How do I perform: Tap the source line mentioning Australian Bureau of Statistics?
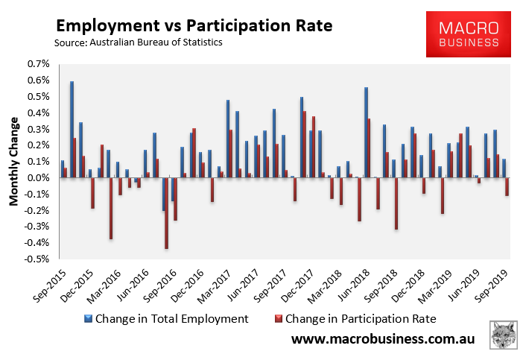tap(139, 42)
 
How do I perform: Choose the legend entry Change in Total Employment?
tap(173, 318)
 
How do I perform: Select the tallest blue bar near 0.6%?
tap(72, 130)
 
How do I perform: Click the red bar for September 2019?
tap(507, 186)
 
